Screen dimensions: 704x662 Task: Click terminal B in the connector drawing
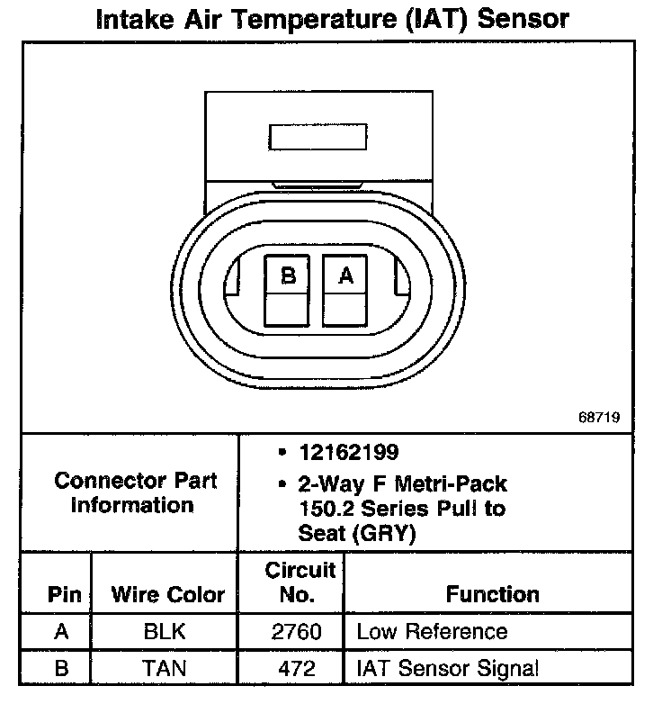288,290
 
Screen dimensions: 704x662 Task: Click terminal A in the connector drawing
346,290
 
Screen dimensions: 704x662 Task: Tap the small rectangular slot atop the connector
318,137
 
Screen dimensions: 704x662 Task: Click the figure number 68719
600,419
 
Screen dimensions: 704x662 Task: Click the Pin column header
64,594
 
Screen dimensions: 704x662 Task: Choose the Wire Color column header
167,594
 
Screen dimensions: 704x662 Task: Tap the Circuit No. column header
300,582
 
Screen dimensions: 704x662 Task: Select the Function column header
492,594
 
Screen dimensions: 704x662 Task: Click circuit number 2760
296,631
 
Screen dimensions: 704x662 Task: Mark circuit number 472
296,668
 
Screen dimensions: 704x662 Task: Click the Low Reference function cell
432,631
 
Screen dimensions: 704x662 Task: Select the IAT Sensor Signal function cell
447,668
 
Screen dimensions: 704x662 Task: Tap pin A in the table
61,631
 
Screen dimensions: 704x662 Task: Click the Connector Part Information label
135,492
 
